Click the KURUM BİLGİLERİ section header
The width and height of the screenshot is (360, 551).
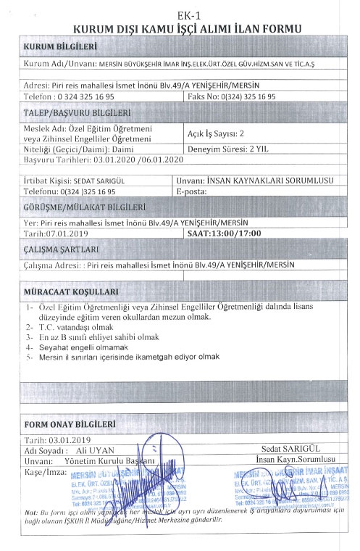coord(60,46)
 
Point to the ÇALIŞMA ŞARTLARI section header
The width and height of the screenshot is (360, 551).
coord(61,250)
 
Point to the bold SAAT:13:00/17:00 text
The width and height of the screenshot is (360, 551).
coord(223,233)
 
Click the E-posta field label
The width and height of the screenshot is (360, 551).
coord(192,191)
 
